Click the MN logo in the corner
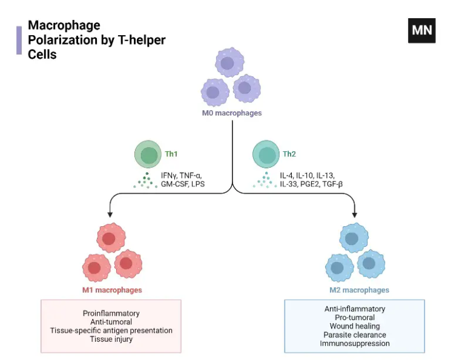421,30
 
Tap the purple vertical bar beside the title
19,40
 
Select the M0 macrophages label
232,113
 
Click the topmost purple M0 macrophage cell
228,63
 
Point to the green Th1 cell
148,156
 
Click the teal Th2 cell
266,156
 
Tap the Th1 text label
172,154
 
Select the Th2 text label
289,154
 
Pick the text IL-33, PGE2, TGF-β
311,183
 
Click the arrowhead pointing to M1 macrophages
110,213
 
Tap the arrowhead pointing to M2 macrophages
355,213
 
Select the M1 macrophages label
112,290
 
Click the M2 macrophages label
355,290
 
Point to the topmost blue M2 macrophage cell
353,238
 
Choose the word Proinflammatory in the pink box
111,313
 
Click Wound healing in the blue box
355,326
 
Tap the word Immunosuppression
355,344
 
